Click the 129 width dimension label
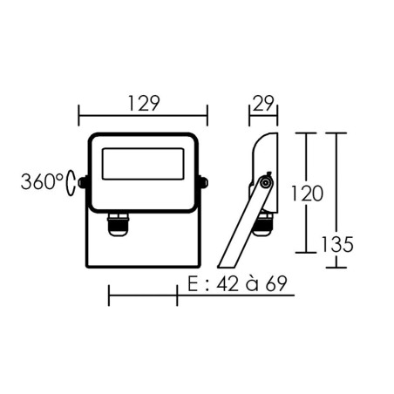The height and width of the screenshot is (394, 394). pyautogui.click(x=143, y=103)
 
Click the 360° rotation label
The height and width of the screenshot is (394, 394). pyautogui.click(x=41, y=183)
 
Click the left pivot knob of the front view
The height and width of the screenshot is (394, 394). pyautogui.click(x=81, y=183)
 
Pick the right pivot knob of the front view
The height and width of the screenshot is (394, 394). pyautogui.click(x=205, y=183)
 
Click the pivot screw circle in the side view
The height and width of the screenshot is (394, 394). pyautogui.click(x=264, y=183)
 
